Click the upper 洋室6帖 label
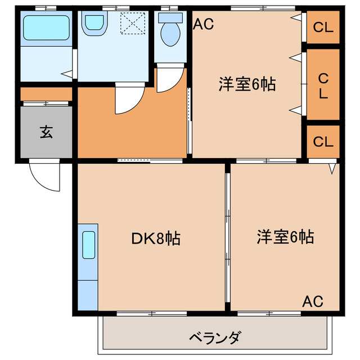click(x=247, y=84)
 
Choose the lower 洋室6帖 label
click(x=286, y=237)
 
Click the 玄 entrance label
click(x=46, y=132)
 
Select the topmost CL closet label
click(x=323, y=26)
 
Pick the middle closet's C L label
click(x=323, y=84)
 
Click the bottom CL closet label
click(x=323, y=142)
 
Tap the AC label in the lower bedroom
click(x=313, y=301)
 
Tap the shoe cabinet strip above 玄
click(x=46, y=94)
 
